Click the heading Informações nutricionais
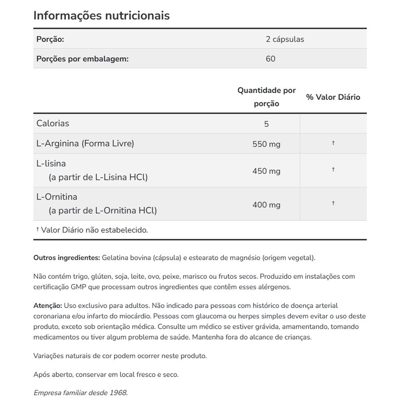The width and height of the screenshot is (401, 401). coord(101,16)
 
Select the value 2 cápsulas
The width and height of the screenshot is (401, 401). coord(285,39)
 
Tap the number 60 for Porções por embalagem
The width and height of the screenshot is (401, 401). coord(270,59)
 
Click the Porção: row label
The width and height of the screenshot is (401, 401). coord(50,39)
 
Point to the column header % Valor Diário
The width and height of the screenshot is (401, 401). coord(333,97)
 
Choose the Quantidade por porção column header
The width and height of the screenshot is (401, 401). coord(266,97)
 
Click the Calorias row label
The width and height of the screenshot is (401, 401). coord(53,124)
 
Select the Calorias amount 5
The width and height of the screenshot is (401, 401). coord(266,124)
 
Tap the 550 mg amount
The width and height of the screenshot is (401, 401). coord(266,144)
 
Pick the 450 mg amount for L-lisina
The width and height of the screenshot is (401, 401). coord(266,171)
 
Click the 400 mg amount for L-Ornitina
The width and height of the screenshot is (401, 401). coord(266,205)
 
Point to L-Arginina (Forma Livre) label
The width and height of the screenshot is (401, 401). coord(85,144)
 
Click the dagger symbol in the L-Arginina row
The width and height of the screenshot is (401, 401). coord(333,143)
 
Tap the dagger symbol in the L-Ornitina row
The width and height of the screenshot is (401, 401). coord(333,203)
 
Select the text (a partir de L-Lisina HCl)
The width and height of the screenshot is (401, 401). coord(98,177)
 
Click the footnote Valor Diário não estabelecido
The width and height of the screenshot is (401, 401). coord(94,230)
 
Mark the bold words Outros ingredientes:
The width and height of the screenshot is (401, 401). coord(67,257)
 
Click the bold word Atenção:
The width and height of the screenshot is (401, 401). coord(48,306)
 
